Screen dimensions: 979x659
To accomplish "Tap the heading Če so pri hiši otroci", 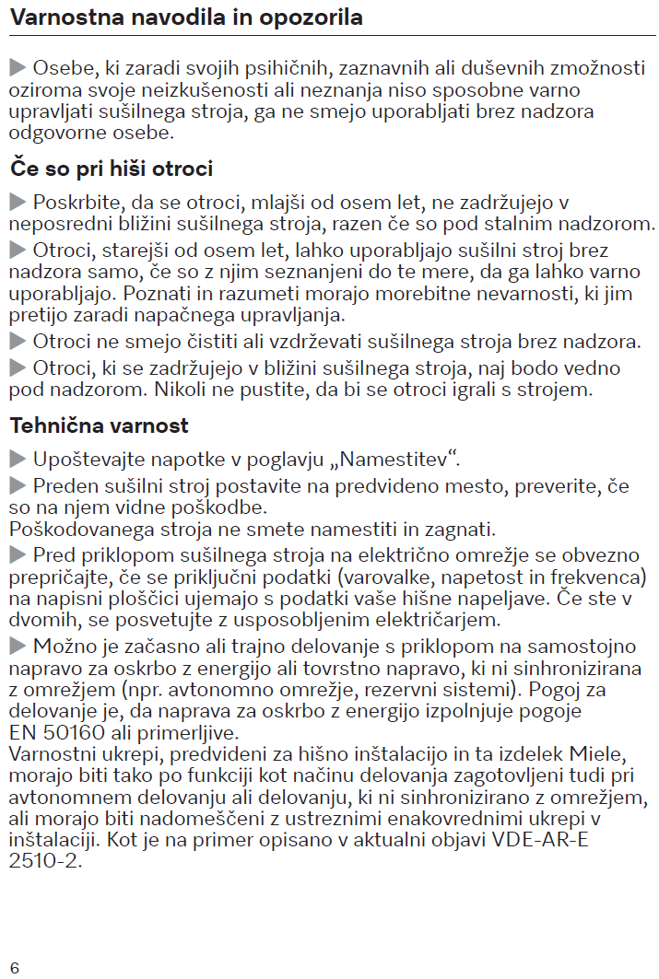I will (112, 169).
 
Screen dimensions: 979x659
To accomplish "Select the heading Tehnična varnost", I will (100, 425).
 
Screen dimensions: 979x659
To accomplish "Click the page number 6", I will (15, 967).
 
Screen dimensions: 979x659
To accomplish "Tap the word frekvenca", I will (599, 576).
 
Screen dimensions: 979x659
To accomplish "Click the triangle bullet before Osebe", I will (18, 68).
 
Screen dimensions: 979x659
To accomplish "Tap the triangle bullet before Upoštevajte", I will (18, 459).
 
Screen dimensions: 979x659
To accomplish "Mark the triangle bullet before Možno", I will (18, 643).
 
